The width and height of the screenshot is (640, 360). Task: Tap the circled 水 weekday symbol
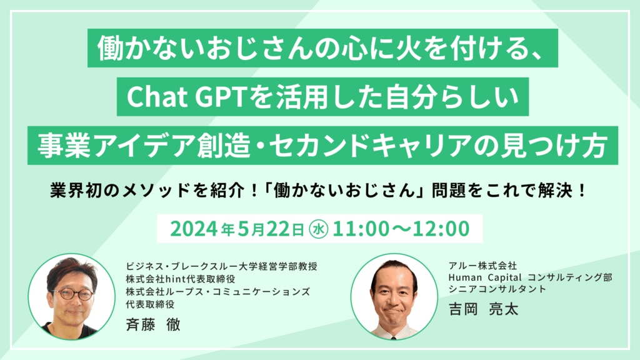pos(318,229)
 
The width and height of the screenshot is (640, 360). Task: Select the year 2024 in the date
pos(194,229)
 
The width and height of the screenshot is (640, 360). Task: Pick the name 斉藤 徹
pos(153,324)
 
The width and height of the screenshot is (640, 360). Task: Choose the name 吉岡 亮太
pos(483,309)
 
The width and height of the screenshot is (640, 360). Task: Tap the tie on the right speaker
pos(393,337)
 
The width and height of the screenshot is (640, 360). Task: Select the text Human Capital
pos(485,277)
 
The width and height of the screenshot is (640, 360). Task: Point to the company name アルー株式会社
pos(482,266)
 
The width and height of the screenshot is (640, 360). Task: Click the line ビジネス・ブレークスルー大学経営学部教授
pos(222,266)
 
